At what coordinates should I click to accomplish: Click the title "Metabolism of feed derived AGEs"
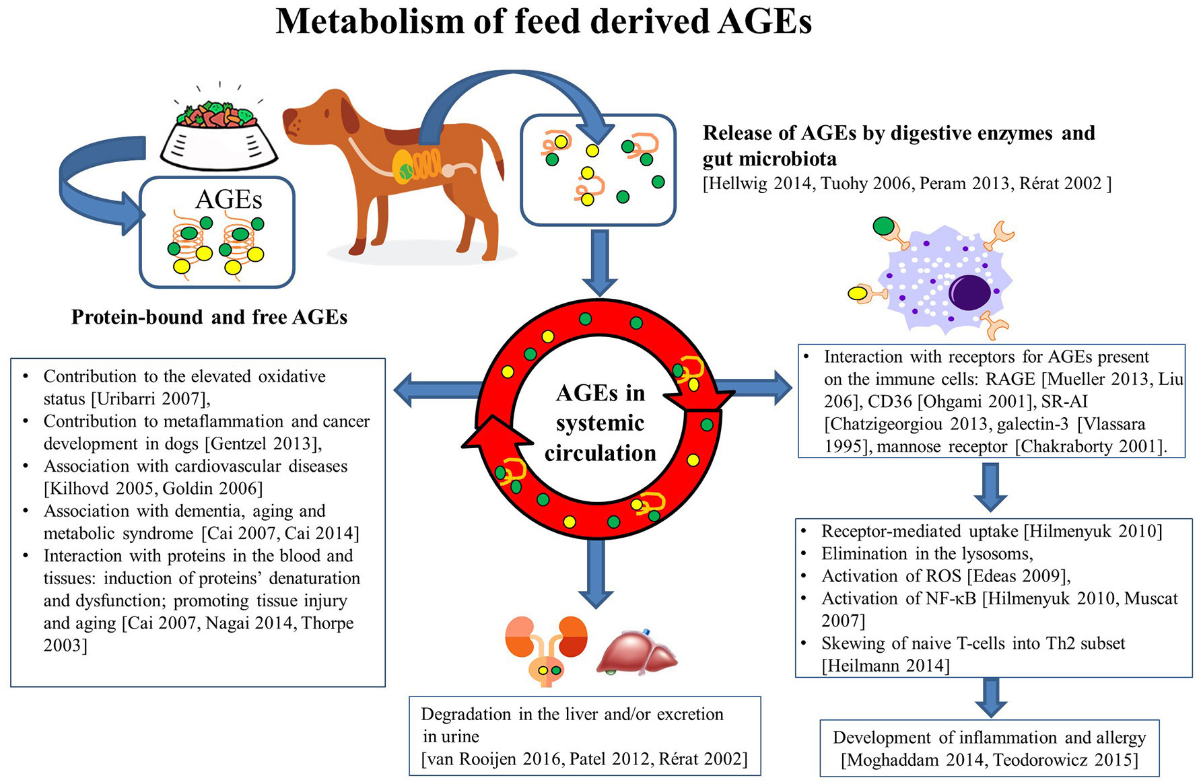tap(543, 21)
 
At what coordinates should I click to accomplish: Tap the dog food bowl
tap(219, 138)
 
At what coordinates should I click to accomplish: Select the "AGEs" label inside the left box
tap(228, 199)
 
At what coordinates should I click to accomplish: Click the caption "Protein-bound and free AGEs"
tap(209, 317)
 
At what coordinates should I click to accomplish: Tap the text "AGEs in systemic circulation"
tap(600, 423)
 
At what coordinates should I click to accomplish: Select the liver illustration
tap(636, 651)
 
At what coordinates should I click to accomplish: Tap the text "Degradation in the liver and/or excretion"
tap(572, 714)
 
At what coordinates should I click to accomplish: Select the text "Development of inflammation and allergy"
tap(989, 738)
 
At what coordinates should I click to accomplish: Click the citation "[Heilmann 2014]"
tap(885, 666)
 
